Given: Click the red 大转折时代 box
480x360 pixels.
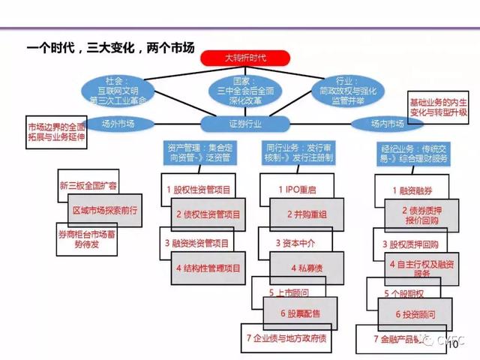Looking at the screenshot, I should (246, 57).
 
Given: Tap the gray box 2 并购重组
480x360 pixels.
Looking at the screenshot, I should (304, 214).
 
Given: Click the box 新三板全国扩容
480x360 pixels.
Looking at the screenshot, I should (88, 184).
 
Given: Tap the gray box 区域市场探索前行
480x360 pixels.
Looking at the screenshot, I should (103, 209).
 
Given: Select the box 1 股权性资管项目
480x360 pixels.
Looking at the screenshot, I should (198, 190).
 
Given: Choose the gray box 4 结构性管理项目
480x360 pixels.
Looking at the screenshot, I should (208, 268).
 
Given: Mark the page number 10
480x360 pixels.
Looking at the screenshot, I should (452, 346).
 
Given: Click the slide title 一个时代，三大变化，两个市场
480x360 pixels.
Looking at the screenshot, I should (109, 48).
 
